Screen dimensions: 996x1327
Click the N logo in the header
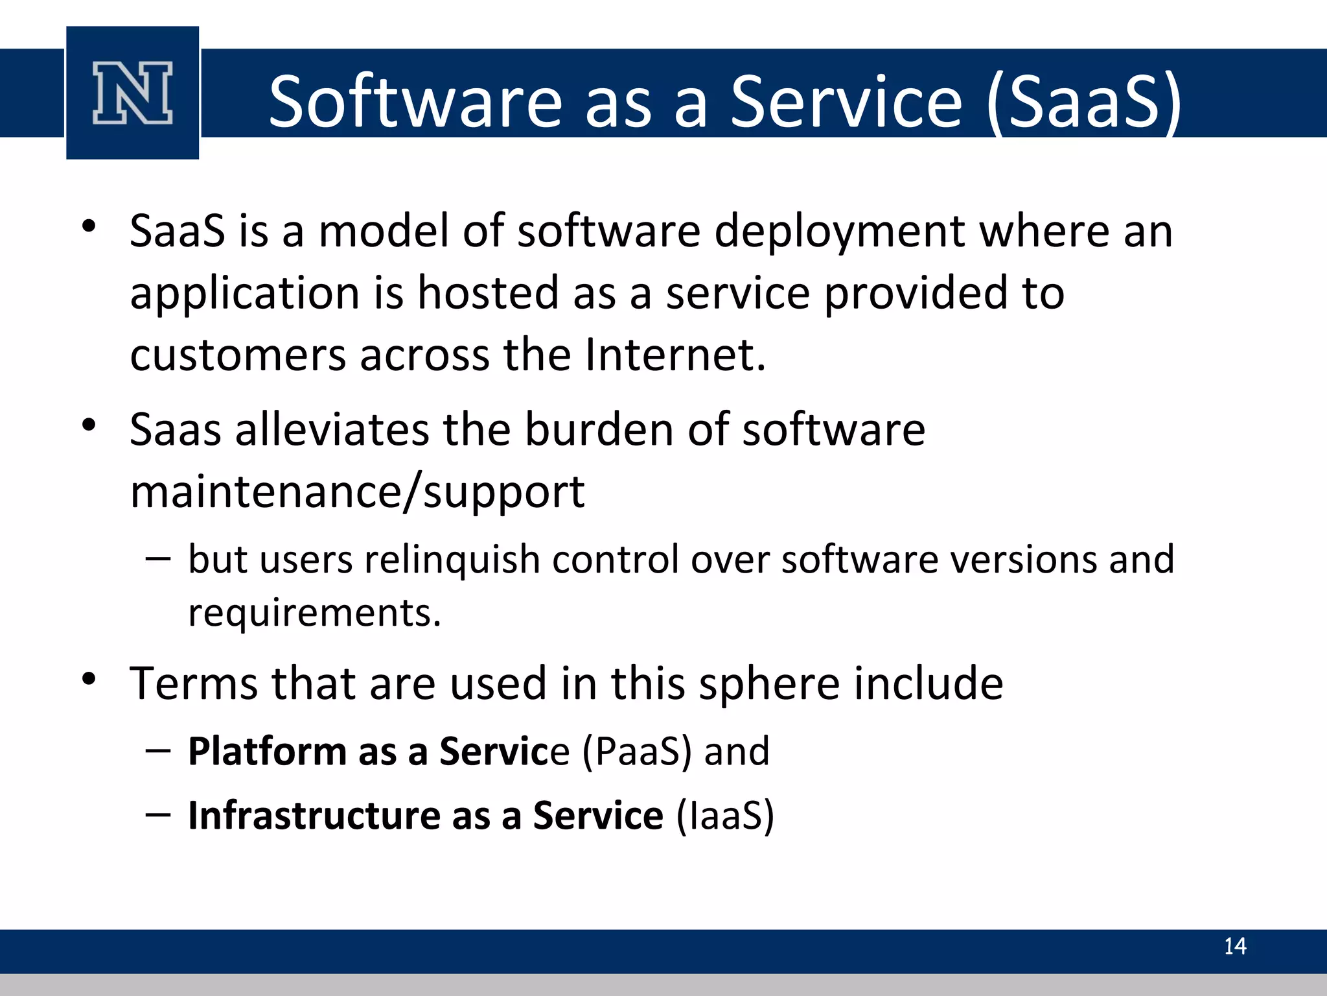[x=132, y=93]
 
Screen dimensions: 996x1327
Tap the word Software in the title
[x=415, y=102]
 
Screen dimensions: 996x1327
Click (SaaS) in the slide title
[x=1084, y=102]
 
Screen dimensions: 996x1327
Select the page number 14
[x=1234, y=946]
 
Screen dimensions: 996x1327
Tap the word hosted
[x=487, y=293]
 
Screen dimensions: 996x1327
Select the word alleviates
[x=331, y=429]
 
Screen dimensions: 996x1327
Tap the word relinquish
[x=452, y=560]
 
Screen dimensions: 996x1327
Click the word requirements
[x=314, y=613]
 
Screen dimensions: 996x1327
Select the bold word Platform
[x=267, y=752]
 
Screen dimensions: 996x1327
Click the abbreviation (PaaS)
[x=636, y=752]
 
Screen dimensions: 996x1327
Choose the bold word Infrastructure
[x=314, y=815]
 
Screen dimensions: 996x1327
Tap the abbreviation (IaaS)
[x=725, y=816]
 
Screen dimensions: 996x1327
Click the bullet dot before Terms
[x=89, y=680]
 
